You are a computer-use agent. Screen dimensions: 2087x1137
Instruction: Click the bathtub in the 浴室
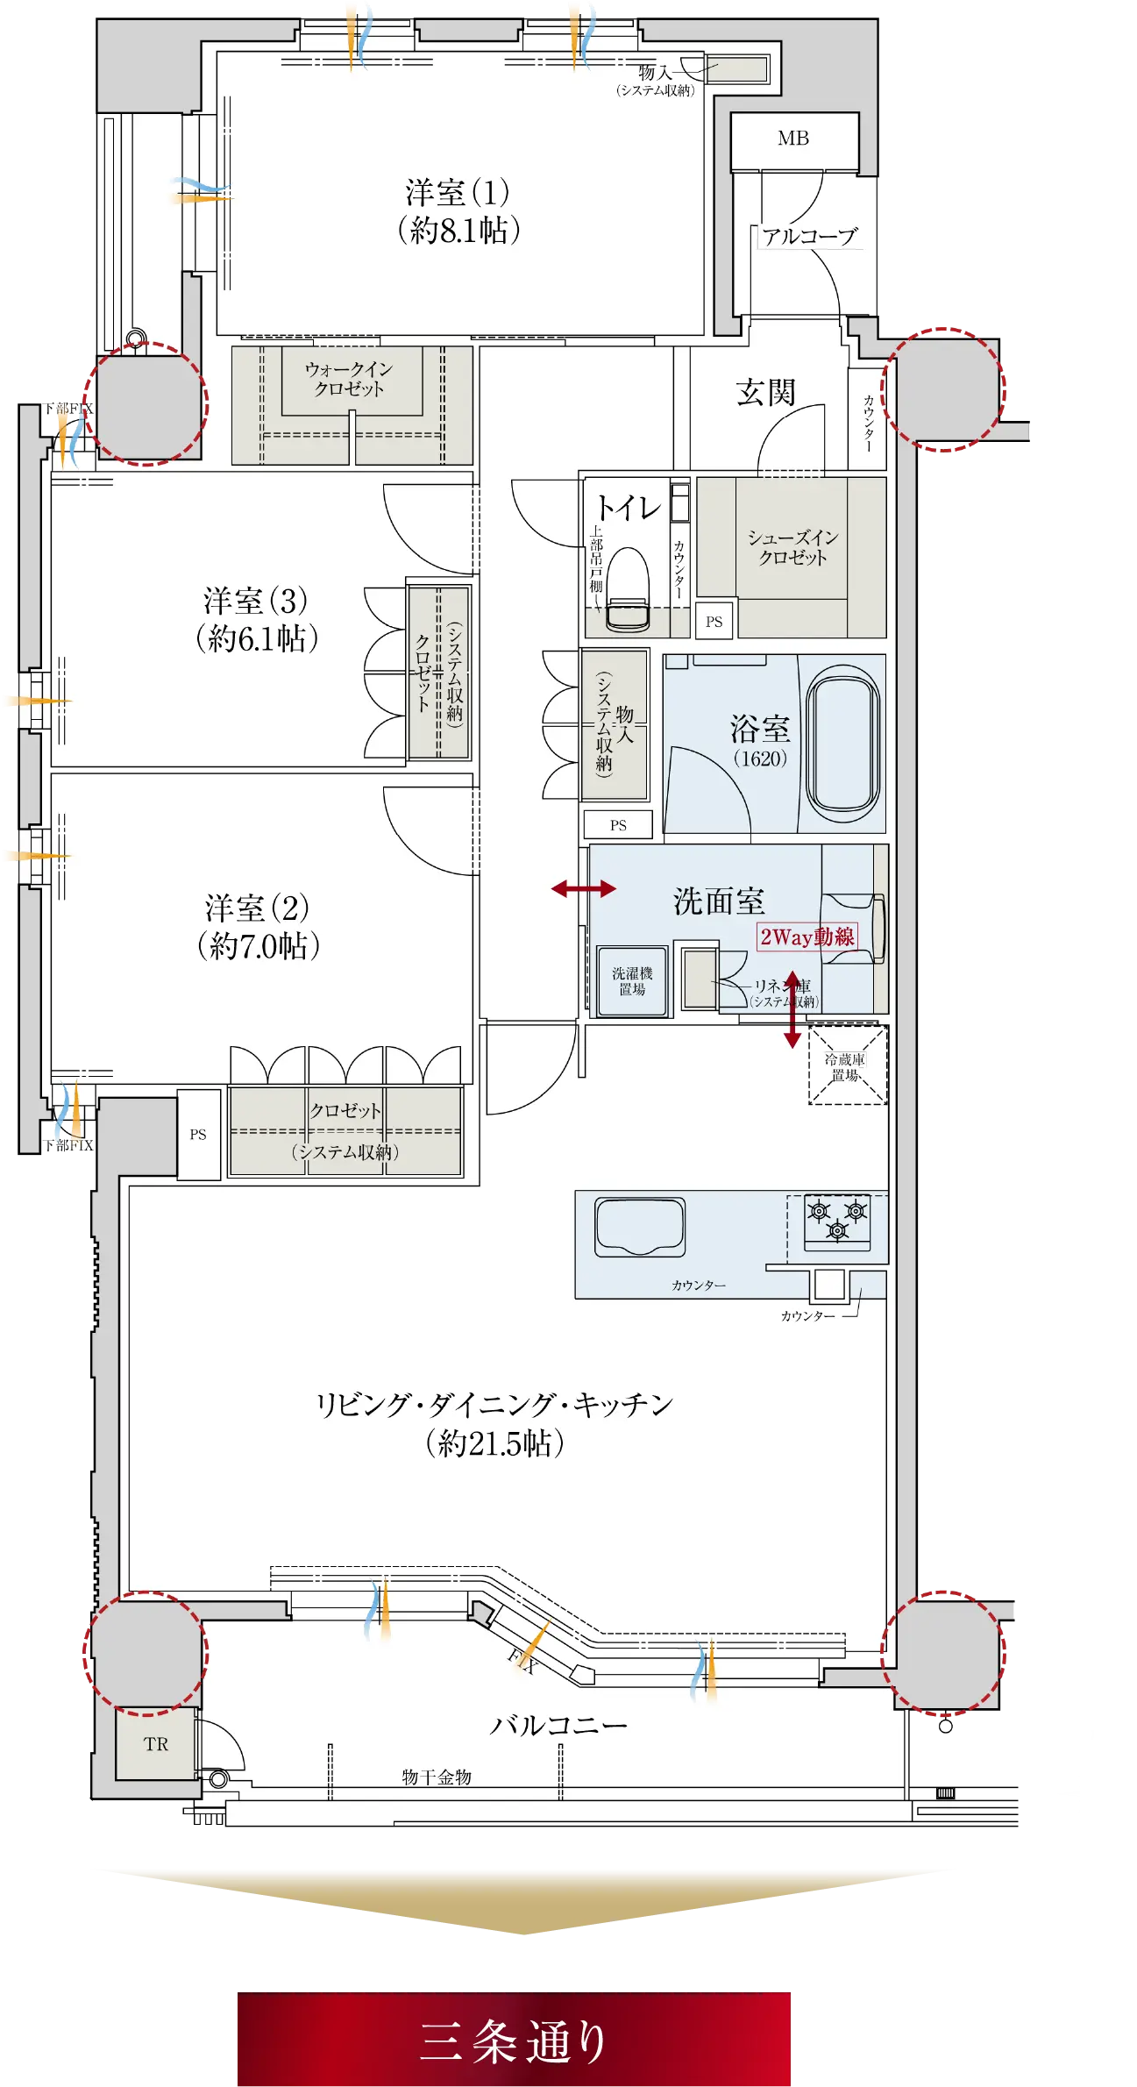coord(842,742)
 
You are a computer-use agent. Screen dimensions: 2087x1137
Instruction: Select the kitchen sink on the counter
coord(640,1227)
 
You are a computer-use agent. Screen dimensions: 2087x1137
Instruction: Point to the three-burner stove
coord(837,1220)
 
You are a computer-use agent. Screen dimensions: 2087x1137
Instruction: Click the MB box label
coord(793,139)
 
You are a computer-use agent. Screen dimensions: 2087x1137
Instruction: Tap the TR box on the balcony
coord(156,1743)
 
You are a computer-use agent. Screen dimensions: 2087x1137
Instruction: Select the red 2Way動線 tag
coord(807,937)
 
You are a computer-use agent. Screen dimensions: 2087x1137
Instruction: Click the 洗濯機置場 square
coord(632,981)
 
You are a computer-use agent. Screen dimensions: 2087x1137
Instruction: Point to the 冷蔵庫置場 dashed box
coord(847,1065)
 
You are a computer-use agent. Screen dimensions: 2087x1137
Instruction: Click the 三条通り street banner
coord(513,2040)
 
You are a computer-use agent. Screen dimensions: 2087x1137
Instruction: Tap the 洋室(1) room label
coord(457,210)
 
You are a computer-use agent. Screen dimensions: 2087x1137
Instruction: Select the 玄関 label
coord(765,393)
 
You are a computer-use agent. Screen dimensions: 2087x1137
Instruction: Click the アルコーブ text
coord(808,237)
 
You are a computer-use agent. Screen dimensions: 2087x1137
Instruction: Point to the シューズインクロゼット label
coord(792,547)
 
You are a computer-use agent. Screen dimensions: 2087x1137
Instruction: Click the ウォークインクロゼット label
coord(349,379)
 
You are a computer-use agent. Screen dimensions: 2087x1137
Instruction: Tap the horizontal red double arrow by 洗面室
coord(584,889)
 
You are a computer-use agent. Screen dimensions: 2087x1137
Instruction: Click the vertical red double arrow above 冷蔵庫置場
coord(792,1009)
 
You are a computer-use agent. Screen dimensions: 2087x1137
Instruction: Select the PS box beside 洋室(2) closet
coord(198,1135)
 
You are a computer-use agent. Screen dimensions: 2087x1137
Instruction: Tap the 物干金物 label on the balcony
coord(437,1777)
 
